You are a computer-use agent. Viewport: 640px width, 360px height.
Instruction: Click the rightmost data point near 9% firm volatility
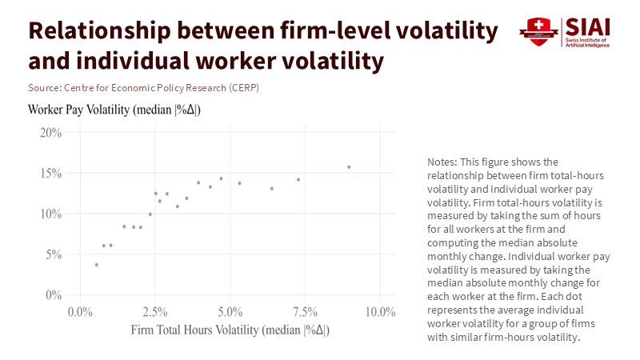(x=349, y=167)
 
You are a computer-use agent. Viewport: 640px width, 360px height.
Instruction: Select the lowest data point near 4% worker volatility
(x=97, y=265)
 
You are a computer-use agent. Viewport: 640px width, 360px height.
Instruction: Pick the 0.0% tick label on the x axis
(x=81, y=311)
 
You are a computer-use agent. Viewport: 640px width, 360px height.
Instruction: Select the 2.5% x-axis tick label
(x=156, y=311)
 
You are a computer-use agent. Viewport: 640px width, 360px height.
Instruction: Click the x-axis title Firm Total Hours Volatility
(x=230, y=330)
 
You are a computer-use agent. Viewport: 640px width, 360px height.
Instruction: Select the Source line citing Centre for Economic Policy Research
(x=143, y=86)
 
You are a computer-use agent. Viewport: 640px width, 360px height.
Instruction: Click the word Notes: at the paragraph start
(x=444, y=162)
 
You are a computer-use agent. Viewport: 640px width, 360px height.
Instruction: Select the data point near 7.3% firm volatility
(x=298, y=179)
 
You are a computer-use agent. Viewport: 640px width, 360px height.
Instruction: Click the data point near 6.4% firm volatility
(x=272, y=189)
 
